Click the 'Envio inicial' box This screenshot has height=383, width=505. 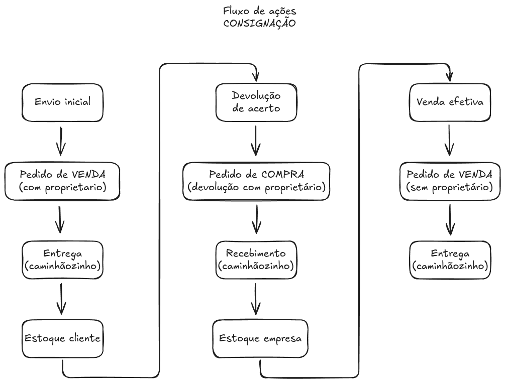click(x=62, y=102)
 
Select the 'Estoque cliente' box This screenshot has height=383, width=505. click(x=62, y=339)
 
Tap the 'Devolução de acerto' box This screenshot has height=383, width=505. click(x=256, y=102)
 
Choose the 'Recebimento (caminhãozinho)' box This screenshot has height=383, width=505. click(x=256, y=260)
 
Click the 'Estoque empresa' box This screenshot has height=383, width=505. click(x=260, y=339)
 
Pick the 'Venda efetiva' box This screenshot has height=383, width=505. click(x=450, y=102)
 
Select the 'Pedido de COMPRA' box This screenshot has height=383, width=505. click(x=256, y=181)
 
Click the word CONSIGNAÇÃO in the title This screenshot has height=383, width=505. click(x=260, y=23)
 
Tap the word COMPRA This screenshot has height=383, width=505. click(x=282, y=175)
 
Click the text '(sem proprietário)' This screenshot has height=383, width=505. click(x=450, y=187)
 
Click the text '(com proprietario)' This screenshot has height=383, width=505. click(x=62, y=187)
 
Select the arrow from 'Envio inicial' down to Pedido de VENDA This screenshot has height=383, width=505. click(x=61, y=141)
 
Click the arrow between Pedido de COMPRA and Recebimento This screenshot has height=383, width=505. click(x=256, y=219)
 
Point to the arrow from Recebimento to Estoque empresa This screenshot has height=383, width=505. click(x=256, y=299)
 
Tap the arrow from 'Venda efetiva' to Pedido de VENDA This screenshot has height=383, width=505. click(x=449, y=141)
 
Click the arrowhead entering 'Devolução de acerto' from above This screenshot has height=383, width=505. click(x=256, y=77)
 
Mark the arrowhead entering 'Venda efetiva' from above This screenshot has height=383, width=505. click(x=450, y=77)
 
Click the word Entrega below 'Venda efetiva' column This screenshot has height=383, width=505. click(x=450, y=253)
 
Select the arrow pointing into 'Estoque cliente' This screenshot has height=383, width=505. click(x=61, y=299)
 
